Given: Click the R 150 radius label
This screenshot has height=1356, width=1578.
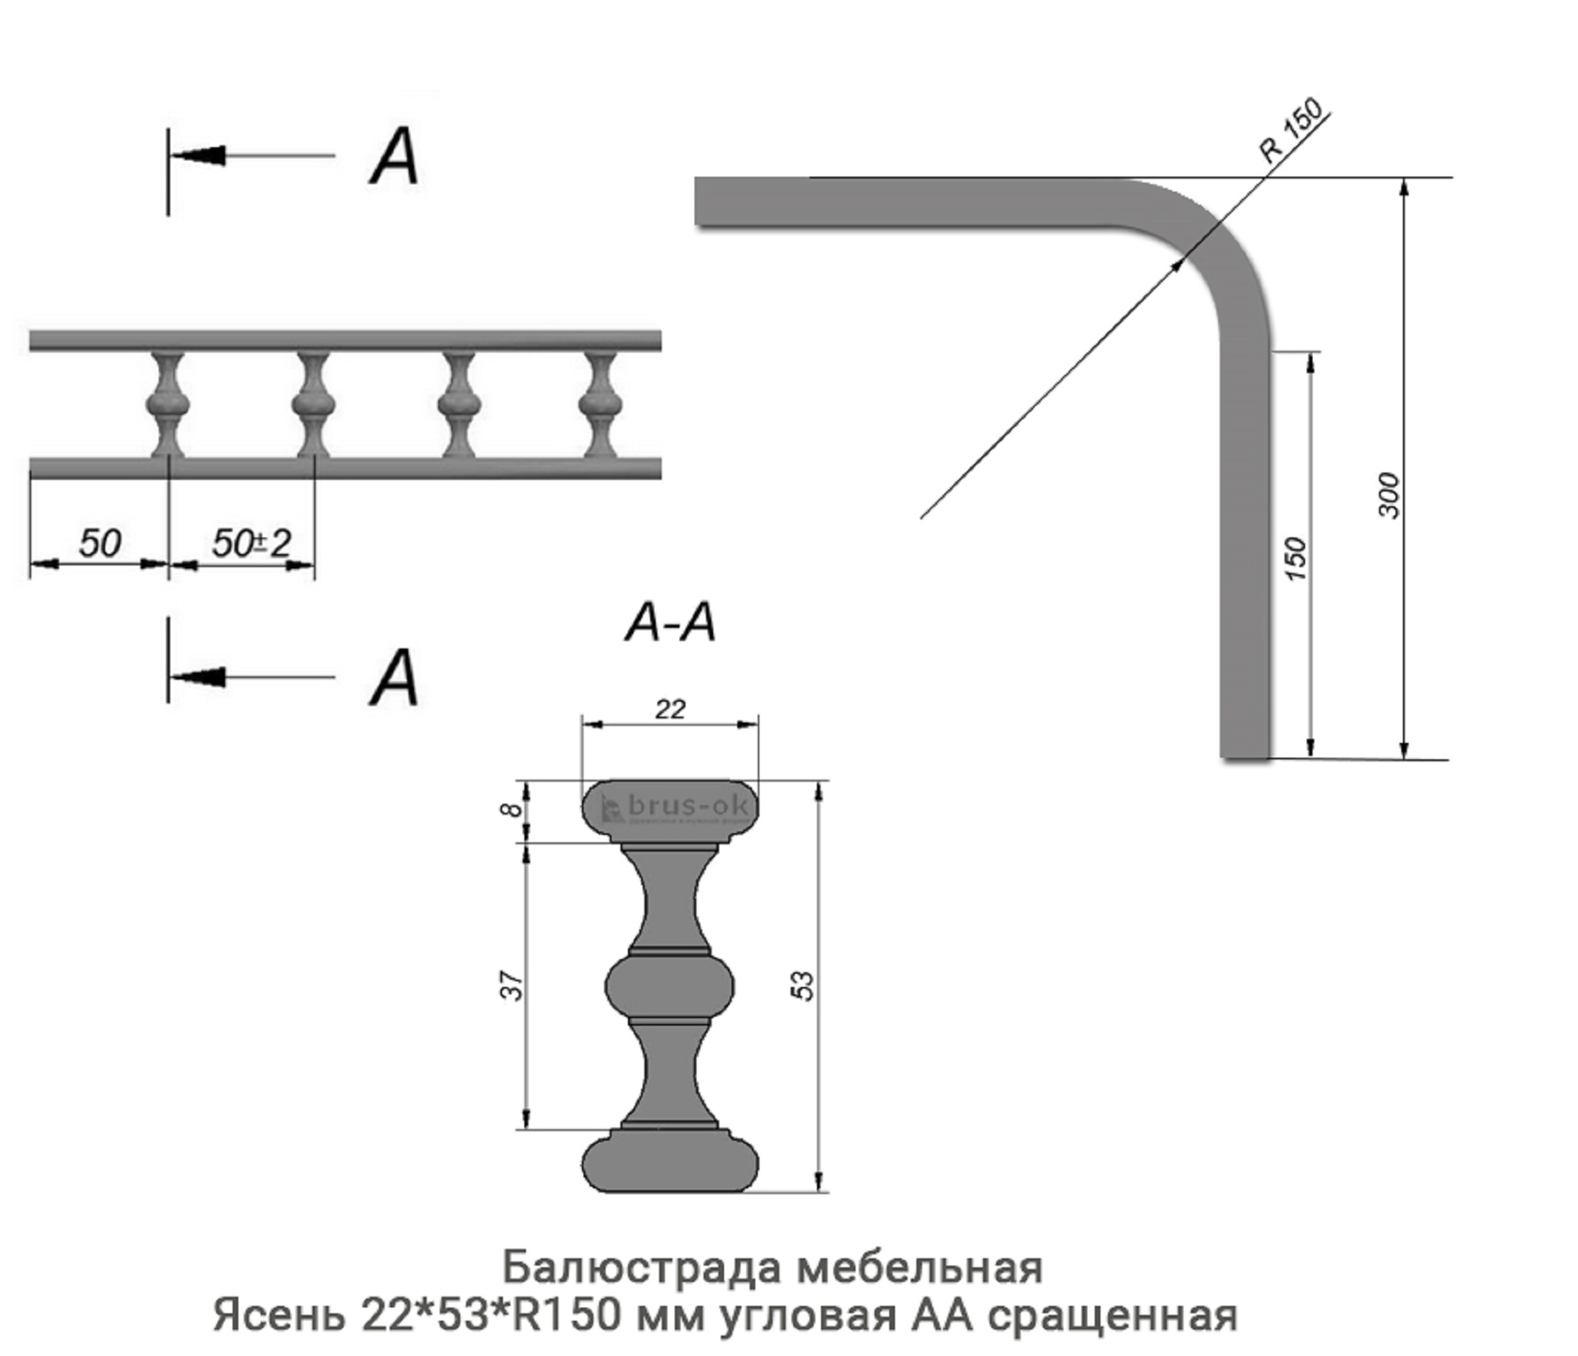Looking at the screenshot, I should [1291, 130].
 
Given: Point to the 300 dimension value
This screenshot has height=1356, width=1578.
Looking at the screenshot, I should [1387, 495].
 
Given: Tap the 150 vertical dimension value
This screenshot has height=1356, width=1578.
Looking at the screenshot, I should [1294, 558].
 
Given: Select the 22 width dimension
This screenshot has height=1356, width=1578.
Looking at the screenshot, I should [670, 708].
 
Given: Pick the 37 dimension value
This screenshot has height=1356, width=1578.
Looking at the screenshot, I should [511, 985].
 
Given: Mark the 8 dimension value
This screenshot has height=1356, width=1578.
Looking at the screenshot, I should [510, 810].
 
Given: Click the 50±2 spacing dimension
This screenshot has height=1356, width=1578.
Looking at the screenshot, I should [251, 543].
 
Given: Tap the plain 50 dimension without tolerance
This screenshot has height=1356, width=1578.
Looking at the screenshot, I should [99, 543].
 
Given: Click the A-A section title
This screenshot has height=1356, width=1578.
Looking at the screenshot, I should [670, 623].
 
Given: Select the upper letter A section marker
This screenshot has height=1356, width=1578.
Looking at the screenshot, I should [394, 157].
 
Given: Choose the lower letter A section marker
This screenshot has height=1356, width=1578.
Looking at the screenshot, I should [394, 678].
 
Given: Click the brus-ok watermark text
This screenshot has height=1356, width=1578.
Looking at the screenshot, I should [687, 806].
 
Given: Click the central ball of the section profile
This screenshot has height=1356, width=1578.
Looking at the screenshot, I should [670, 986].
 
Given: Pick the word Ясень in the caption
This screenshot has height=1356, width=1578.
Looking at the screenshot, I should [279, 1315].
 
